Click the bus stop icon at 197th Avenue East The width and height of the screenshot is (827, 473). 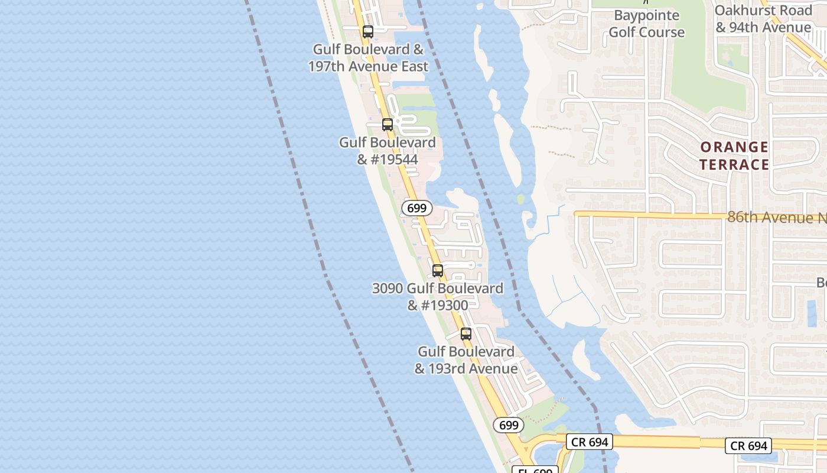coord(367,32)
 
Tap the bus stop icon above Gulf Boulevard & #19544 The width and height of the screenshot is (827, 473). coord(388,125)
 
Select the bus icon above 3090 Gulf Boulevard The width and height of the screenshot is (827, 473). coord(438,271)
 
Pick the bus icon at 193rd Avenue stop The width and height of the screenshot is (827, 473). coord(466,334)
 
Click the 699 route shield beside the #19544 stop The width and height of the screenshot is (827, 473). coord(417,208)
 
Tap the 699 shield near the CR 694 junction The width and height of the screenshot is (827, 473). coord(508,425)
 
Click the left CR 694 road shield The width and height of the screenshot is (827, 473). coord(589,442)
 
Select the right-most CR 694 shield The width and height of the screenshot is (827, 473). coord(749,446)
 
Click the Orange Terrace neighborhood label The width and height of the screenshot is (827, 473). coord(734,155)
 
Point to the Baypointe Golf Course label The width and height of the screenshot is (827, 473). coord(647,24)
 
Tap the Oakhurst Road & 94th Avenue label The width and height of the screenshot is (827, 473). coord(763,19)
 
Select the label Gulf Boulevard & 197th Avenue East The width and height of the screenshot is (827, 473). coord(368,58)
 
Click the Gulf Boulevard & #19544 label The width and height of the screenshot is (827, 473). coord(388,151)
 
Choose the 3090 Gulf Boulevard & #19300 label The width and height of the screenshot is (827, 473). coord(438,297)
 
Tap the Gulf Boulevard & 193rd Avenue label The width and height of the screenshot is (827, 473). coord(466,360)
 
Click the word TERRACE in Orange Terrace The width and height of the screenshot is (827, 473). coord(734,164)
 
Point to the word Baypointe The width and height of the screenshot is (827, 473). coord(647,15)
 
